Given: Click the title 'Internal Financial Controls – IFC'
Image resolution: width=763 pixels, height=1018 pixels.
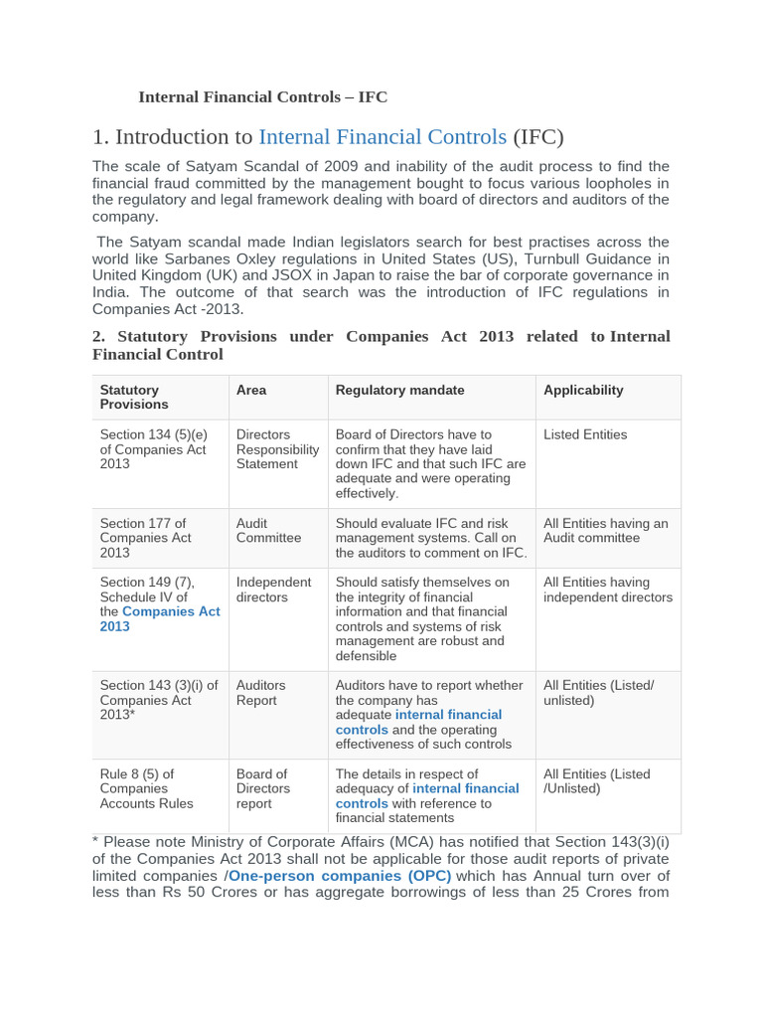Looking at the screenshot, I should [x=262, y=96].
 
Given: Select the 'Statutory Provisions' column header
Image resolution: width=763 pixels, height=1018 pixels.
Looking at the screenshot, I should [x=134, y=397].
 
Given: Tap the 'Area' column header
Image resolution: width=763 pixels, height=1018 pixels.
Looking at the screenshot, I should [x=251, y=390].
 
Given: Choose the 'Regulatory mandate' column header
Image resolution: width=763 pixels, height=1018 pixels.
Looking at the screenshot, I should [x=399, y=390].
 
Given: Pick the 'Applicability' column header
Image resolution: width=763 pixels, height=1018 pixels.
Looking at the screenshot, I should [x=583, y=390].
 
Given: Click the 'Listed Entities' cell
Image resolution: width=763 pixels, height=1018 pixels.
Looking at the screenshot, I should [x=585, y=434].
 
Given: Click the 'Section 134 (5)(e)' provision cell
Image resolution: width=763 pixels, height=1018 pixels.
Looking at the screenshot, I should [x=154, y=434].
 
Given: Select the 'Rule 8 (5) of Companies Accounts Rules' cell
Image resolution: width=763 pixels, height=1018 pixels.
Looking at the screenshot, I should [x=147, y=788].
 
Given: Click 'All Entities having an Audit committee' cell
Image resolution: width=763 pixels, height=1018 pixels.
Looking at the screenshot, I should [x=605, y=530].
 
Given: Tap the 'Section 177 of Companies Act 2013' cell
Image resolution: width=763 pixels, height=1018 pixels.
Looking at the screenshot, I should [x=145, y=538].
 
